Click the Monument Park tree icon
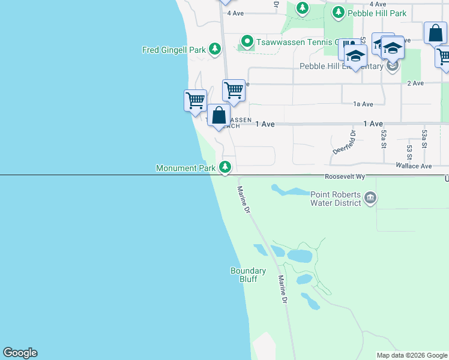pyautogui.click(x=225, y=167)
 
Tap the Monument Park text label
pyautogui.click(x=185, y=169)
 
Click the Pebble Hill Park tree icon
pyautogui.click(x=339, y=12)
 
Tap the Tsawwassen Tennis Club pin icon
pyautogui.click(x=246, y=41)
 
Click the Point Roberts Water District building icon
pyautogui.click(x=370, y=197)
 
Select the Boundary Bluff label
pyautogui.click(x=248, y=275)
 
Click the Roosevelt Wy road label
pyautogui.click(x=345, y=177)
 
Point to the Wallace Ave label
pyautogui.click(x=414, y=166)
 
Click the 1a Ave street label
pyautogui.click(x=363, y=104)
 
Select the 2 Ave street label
pyautogui.click(x=415, y=83)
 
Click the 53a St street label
pyautogui.click(x=424, y=139)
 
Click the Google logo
pyautogui.click(x=20, y=353)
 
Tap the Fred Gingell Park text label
pyautogui.click(x=174, y=50)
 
